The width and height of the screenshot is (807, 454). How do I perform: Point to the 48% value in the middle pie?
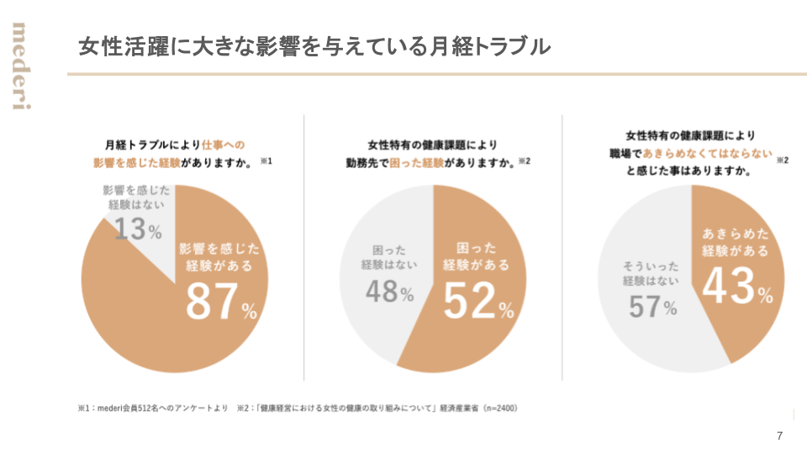point(389,292)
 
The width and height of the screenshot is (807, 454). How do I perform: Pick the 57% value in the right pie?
point(652,306)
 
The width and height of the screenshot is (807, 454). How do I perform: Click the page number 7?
point(779,436)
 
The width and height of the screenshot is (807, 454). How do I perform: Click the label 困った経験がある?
point(476,256)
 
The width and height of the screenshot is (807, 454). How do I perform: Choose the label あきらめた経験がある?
point(735,240)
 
